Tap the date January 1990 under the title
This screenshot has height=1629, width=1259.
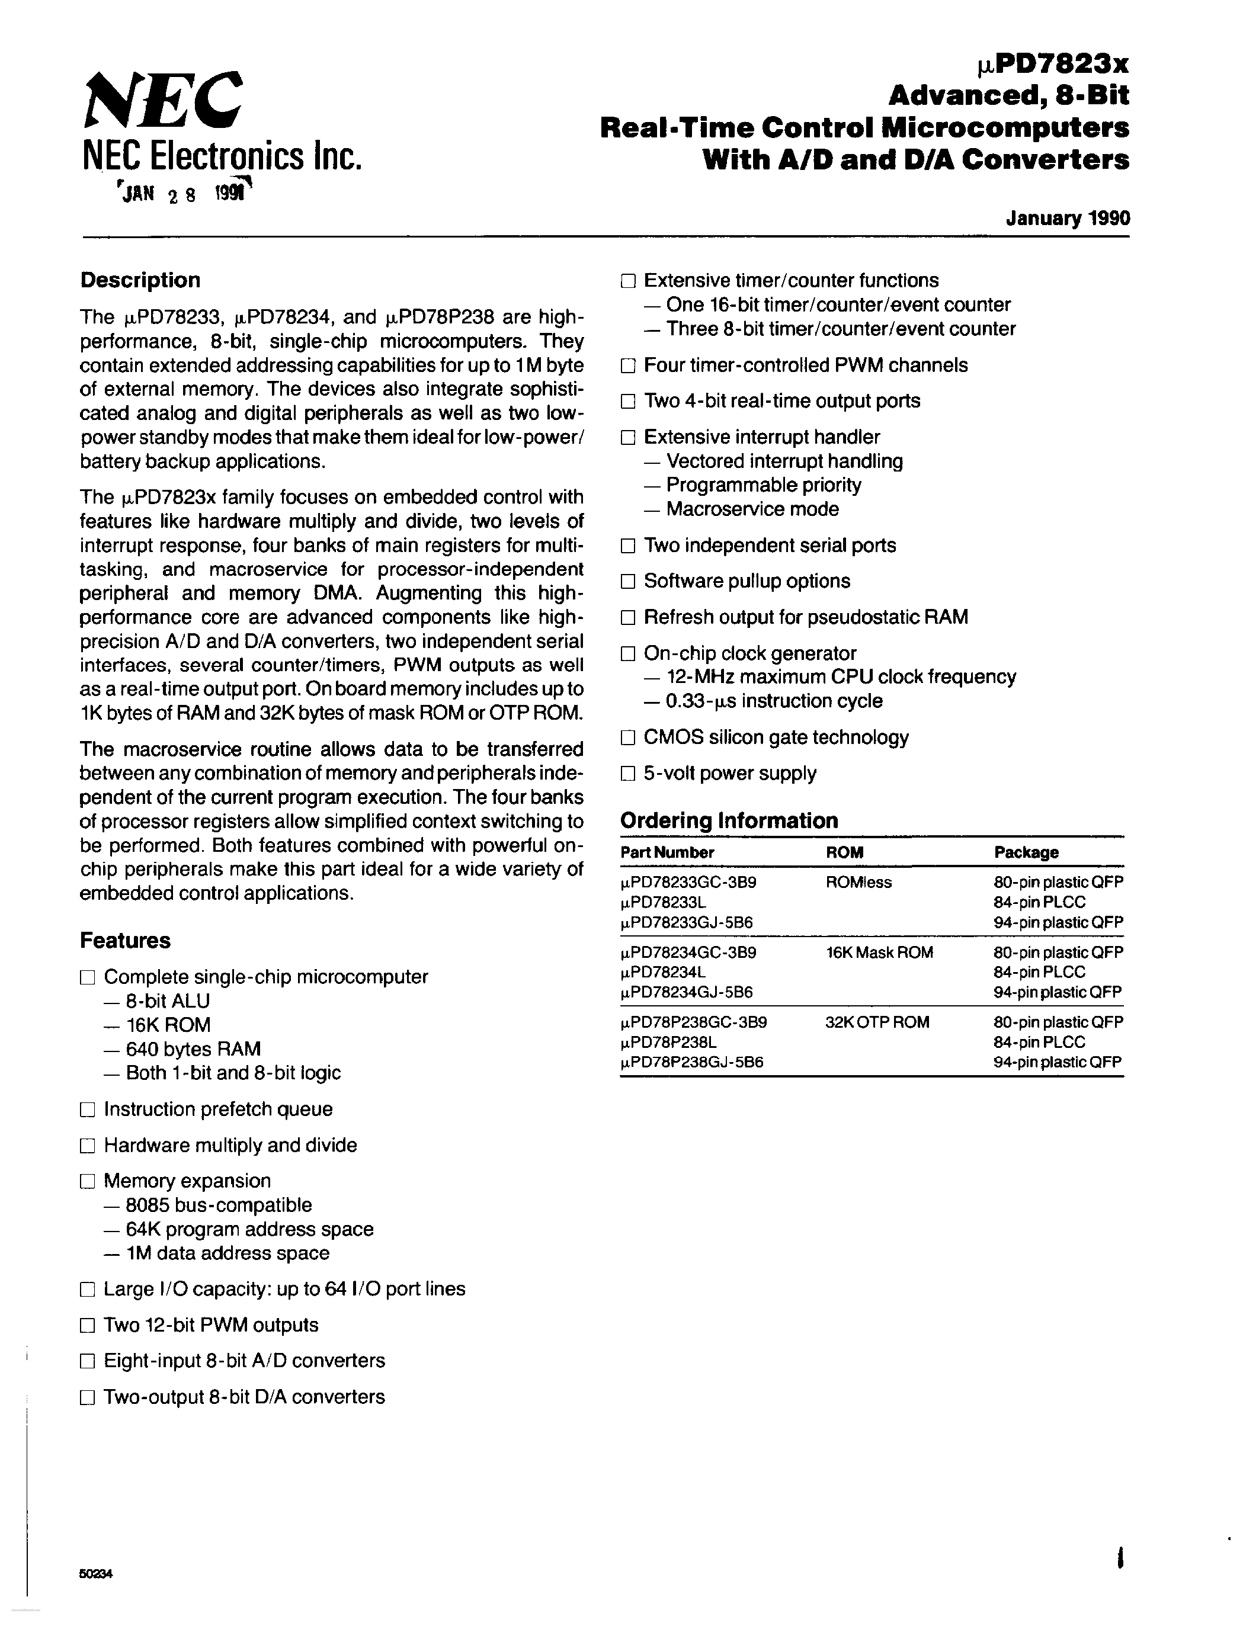tap(1067, 219)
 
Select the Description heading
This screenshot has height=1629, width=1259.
tap(140, 280)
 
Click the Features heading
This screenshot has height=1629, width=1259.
tap(124, 941)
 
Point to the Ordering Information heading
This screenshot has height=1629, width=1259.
tap(729, 820)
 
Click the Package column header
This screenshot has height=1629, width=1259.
tap(1026, 852)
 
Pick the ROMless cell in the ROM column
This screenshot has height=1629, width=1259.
tap(858, 883)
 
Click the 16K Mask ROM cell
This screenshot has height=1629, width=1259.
tap(879, 953)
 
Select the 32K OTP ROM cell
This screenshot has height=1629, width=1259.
tap(877, 1022)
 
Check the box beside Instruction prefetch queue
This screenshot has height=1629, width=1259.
tap(87, 1110)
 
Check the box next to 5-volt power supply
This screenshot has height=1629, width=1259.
tap(628, 774)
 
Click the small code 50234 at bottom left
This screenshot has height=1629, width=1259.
tap(95, 1575)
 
